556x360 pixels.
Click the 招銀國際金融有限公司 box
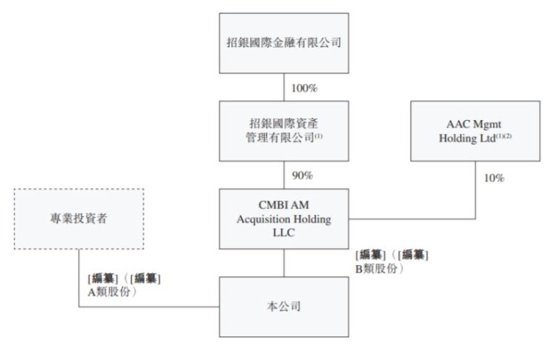click(x=285, y=43)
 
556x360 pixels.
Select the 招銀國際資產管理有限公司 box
click(x=285, y=130)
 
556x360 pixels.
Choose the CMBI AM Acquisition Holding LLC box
click(x=285, y=219)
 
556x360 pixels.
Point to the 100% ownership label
click(x=304, y=87)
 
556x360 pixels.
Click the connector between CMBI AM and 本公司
click(x=285, y=262)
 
